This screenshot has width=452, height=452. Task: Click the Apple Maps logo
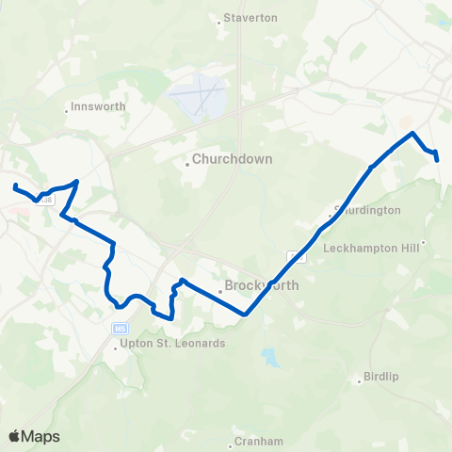35,436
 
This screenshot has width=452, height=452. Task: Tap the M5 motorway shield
119,329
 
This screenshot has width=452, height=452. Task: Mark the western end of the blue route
15,185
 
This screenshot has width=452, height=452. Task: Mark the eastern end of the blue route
439,160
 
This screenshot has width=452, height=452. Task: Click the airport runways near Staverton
198,98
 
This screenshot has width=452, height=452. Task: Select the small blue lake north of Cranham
271,358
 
